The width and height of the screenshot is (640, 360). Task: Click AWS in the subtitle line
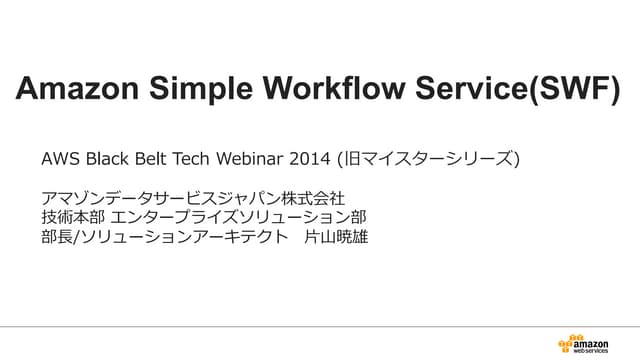pyautogui.click(x=58, y=159)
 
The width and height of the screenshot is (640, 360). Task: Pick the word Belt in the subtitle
pyautogui.click(x=152, y=159)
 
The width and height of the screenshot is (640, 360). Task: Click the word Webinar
pyautogui.click(x=251, y=159)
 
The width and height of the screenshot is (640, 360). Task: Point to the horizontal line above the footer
pyautogui.click(x=320, y=324)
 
